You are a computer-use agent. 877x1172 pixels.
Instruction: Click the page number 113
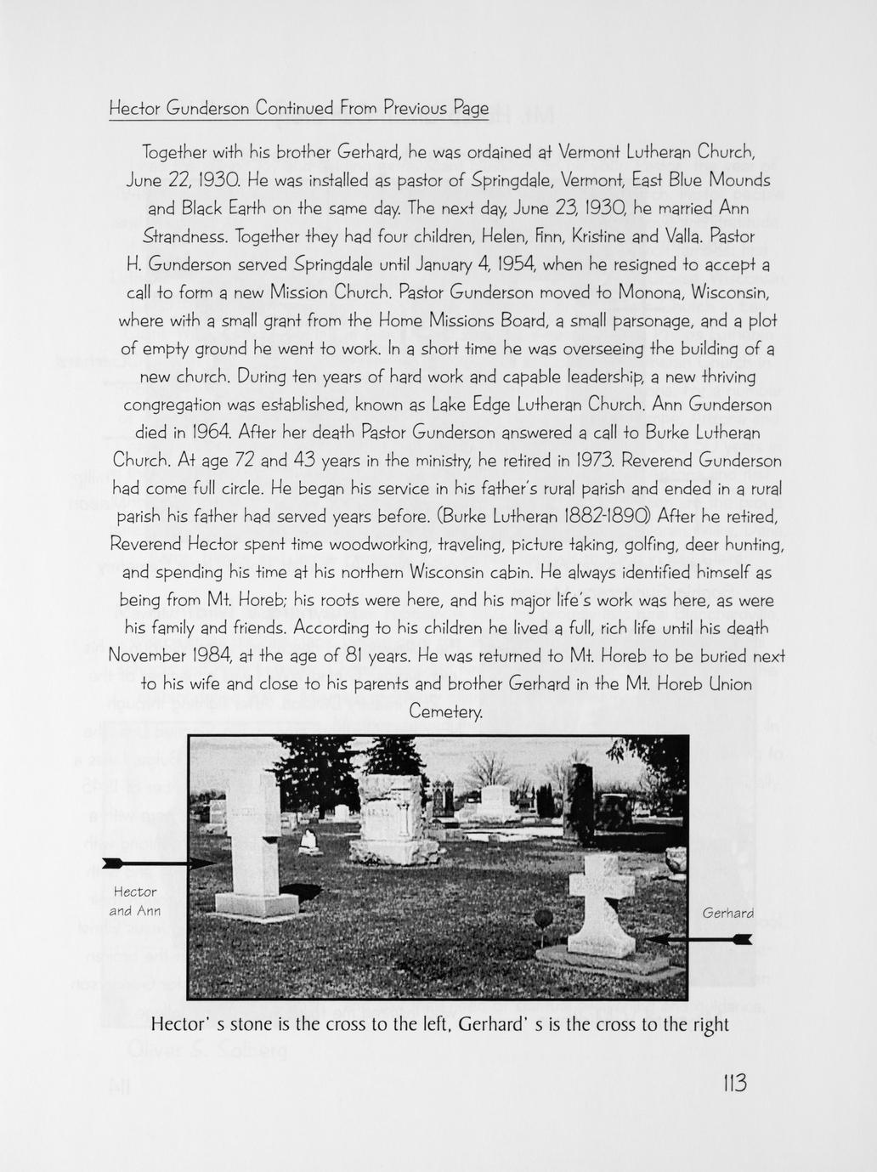click(733, 1084)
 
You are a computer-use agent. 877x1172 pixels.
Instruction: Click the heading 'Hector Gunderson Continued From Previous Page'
click(299, 109)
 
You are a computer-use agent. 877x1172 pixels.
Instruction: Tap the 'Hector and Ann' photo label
click(135, 902)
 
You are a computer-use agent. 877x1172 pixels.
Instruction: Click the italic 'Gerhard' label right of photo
click(728, 914)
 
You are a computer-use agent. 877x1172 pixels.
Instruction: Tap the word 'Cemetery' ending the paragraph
click(446, 712)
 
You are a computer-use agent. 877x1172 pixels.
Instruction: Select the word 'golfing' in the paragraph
click(676, 544)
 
